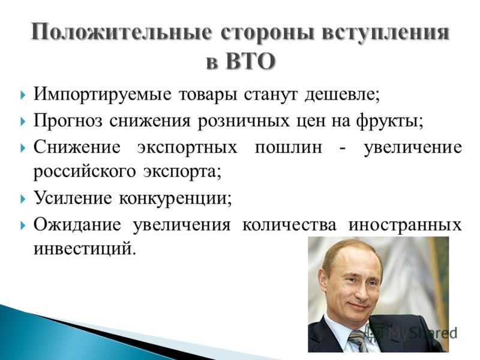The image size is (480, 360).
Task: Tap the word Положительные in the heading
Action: point(122,32)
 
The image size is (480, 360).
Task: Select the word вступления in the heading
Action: point(385,32)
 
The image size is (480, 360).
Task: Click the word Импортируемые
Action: point(102,94)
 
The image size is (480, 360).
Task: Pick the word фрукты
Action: point(389,121)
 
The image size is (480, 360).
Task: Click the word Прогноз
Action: point(68,121)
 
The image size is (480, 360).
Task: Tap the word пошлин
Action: point(289,147)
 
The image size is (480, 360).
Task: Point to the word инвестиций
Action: point(84,248)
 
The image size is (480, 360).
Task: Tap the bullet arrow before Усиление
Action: point(23,199)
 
